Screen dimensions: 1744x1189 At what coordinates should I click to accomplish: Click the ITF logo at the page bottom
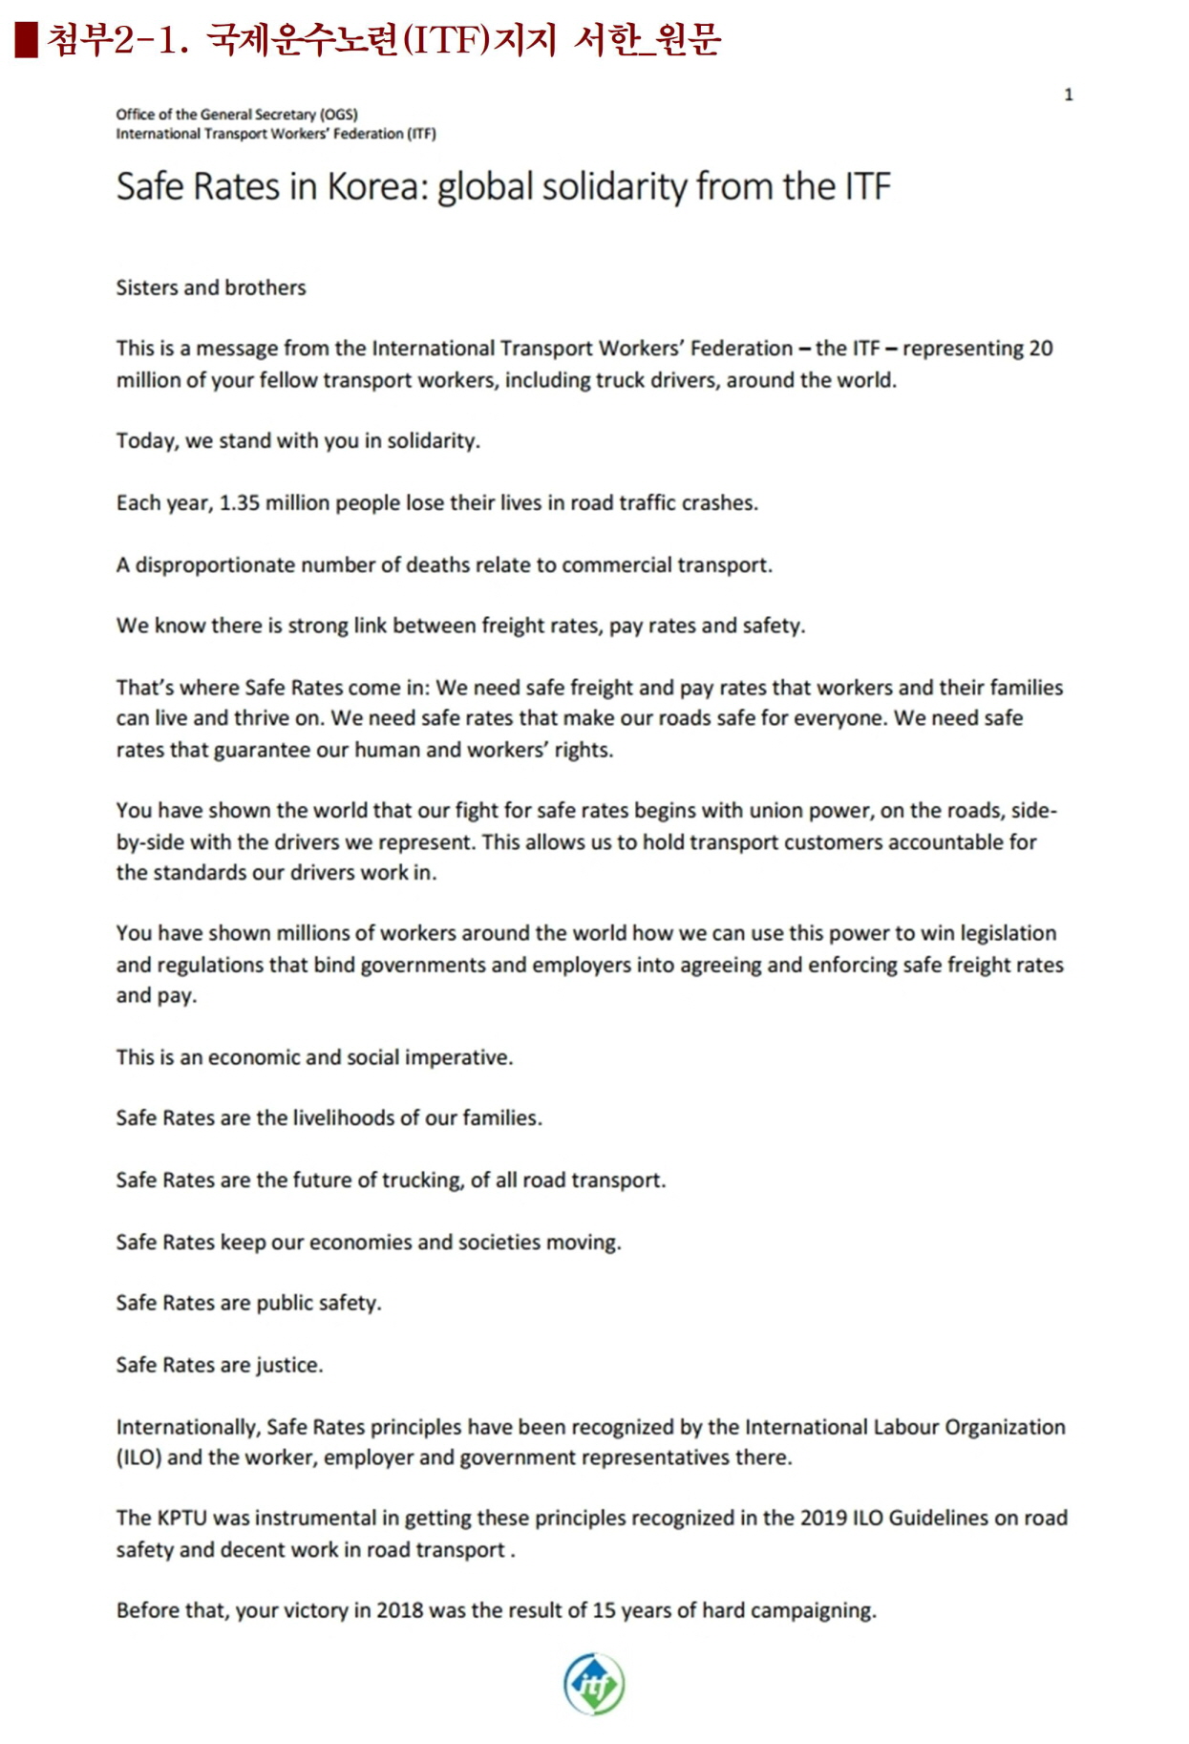(x=593, y=1684)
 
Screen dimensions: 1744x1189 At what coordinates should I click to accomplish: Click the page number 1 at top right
(x=1069, y=95)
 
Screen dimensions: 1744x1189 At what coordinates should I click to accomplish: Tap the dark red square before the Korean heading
(x=26, y=39)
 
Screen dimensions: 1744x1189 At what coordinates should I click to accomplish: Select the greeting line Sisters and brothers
(x=211, y=287)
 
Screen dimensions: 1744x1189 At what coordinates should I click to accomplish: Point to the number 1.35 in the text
(x=239, y=503)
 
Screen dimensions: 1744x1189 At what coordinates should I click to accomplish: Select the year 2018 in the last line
(x=399, y=1610)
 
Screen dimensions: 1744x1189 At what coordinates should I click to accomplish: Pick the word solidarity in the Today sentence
(x=432, y=441)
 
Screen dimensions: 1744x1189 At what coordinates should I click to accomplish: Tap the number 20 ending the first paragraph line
(x=1040, y=349)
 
